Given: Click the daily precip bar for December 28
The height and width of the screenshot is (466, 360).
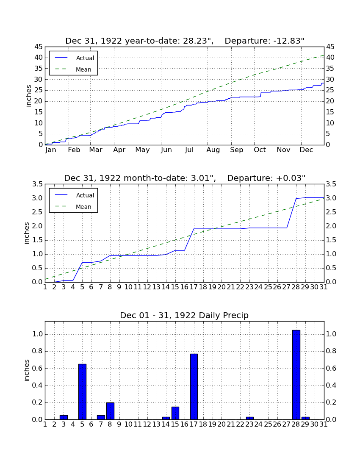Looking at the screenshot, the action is (296, 375).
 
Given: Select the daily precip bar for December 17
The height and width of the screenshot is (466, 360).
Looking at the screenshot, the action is (194, 387).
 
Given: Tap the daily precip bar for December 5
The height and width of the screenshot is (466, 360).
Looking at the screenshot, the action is (82, 392).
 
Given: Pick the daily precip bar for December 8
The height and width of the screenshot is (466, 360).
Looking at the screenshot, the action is (110, 411).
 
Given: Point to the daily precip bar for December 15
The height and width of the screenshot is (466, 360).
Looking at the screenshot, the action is (175, 413).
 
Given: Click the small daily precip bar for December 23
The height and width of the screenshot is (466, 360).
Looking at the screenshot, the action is (250, 419).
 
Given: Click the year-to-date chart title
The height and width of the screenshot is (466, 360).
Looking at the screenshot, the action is (185, 41).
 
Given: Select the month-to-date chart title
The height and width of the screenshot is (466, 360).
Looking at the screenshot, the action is (185, 178).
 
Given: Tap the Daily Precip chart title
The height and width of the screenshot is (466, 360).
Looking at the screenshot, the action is (184, 315).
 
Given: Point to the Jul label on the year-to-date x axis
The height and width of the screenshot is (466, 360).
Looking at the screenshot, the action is (189, 150).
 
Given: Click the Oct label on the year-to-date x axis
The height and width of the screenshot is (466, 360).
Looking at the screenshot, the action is (260, 150).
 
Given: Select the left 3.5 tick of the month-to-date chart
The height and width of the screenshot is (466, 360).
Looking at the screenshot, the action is (37, 184).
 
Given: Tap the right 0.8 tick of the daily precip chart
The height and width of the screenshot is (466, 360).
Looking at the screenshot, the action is (331, 351).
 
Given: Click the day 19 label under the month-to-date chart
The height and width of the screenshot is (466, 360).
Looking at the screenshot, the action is (212, 287).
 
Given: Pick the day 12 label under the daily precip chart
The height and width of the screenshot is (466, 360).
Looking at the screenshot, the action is (147, 424).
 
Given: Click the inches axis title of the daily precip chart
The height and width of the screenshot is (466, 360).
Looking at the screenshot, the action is (27, 370).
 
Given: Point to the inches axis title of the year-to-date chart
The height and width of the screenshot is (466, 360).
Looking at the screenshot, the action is (28, 96).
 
